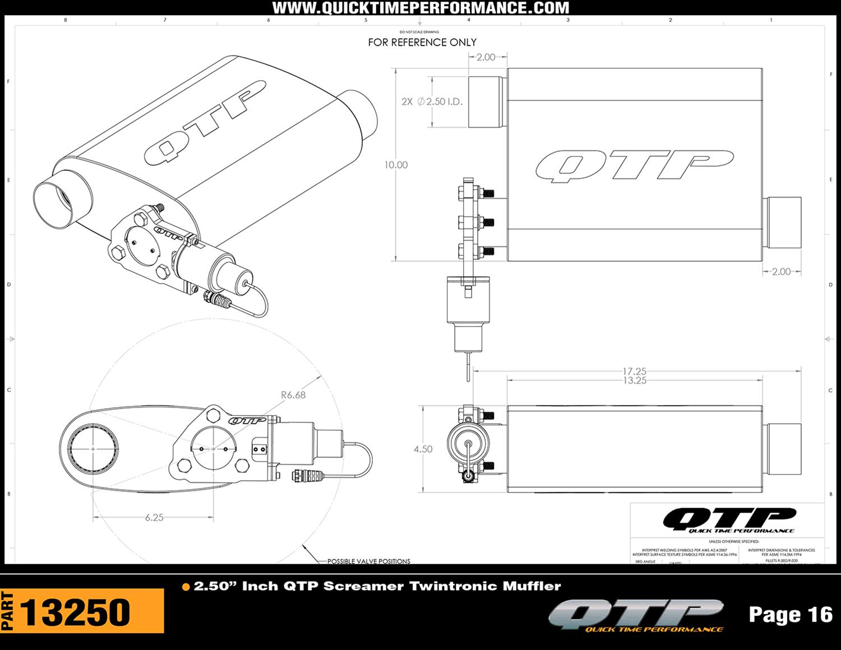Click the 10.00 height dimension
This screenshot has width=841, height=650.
click(396, 165)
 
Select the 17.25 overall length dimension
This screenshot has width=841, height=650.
click(634, 371)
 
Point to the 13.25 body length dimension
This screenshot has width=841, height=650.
click(634, 381)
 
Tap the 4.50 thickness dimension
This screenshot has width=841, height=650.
click(423, 449)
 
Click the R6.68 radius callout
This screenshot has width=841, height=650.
click(293, 395)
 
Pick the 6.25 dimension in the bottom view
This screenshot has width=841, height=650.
click(154, 518)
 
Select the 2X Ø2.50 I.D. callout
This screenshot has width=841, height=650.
click(432, 102)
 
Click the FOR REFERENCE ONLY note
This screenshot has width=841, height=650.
click(422, 43)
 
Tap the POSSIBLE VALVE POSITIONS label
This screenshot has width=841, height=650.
click(368, 561)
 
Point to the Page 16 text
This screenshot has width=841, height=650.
click(791, 615)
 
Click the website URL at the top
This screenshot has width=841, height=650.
click(420, 8)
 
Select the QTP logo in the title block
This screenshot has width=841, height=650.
click(729, 520)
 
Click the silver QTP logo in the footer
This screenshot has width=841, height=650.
click(636, 615)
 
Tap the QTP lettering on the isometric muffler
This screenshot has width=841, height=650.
click(205, 123)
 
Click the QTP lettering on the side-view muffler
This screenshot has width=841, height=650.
click(634, 166)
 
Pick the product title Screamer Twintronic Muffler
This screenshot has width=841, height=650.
click(377, 586)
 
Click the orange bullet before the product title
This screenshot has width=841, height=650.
click(186, 587)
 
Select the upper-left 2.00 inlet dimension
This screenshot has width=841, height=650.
click(486, 57)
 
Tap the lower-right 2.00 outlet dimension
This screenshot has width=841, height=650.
click(781, 271)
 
